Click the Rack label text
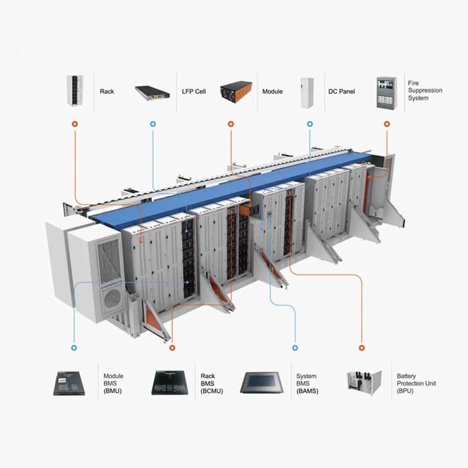[x=107, y=92]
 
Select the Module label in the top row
[x=272, y=92]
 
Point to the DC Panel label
[x=342, y=92]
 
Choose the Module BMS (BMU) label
[x=113, y=383]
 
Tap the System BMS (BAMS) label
[x=307, y=383]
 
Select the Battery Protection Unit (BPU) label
[x=416, y=383]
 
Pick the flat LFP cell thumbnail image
[x=154, y=93]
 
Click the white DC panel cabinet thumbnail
[x=307, y=93]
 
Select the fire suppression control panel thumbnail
[x=388, y=93]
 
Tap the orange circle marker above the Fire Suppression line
[x=387, y=124]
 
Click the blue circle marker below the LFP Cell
[x=153, y=124]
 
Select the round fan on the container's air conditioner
[x=112, y=298]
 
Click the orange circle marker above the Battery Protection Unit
[x=361, y=348]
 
